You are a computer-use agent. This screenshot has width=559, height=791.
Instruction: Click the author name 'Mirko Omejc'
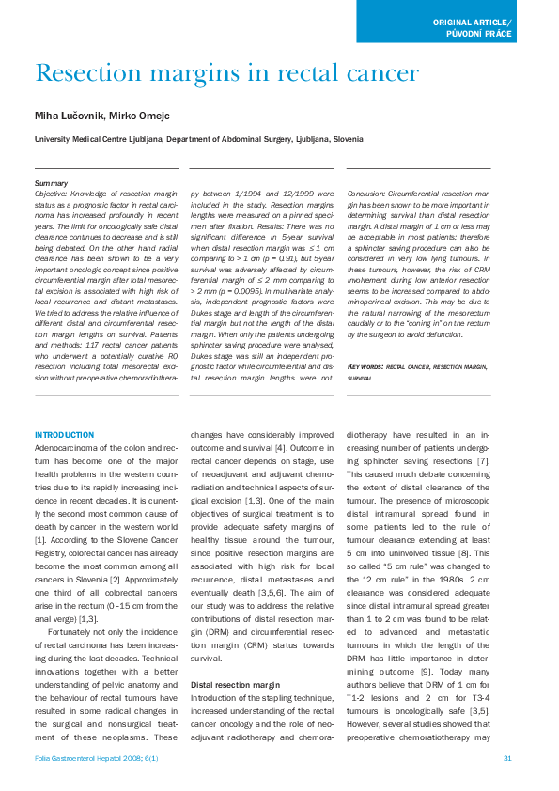click(143, 116)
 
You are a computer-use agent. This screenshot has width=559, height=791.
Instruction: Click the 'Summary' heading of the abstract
click(50, 182)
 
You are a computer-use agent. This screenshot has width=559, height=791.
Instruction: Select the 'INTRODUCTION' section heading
click(64, 435)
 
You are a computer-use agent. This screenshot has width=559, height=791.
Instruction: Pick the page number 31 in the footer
click(507, 758)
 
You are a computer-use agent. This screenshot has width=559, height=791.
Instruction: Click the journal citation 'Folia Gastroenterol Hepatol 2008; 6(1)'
click(88, 758)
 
